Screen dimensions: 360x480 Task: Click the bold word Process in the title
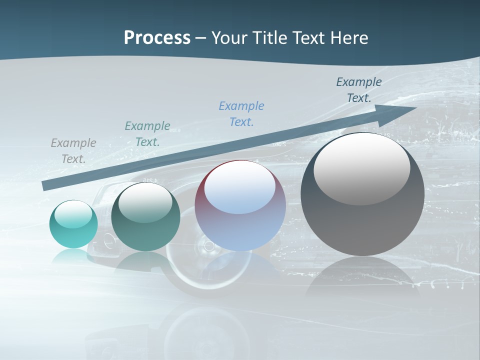coord(157,38)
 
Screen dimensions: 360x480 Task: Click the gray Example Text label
coord(73,150)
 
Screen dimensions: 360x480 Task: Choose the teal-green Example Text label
coord(147,133)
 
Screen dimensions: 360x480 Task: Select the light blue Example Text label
coord(241,113)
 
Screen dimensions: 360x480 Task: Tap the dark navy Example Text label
coord(359,90)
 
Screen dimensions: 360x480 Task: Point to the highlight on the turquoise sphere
coord(73,214)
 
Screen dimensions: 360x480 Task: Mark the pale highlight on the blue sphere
coord(239,187)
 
